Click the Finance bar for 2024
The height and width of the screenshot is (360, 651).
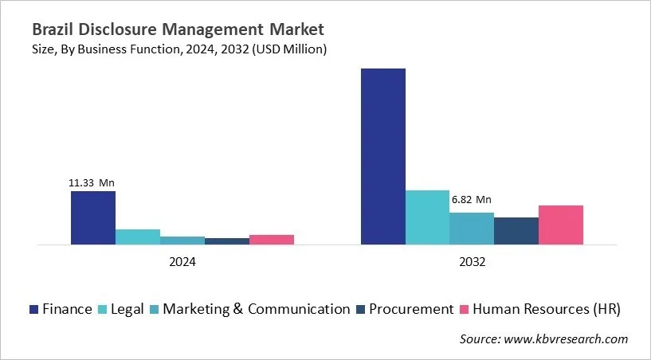pyautogui.click(x=93, y=217)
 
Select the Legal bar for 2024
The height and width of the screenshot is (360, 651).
pyautogui.click(x=138, y=237)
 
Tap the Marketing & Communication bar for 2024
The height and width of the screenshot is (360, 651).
pyautogui.click(x=182, y=240)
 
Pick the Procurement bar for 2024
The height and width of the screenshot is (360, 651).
pyautogui.click(x=227, y=241)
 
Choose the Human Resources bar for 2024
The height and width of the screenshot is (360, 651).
pyautogui.click(x=272, y=239)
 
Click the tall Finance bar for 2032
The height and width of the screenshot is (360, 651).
pyautogui.click(x=383, y=156)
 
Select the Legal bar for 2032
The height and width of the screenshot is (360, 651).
pyautogui.click(x=428, y=217)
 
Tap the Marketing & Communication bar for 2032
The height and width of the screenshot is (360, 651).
pyautogui.click(x=472, y=228)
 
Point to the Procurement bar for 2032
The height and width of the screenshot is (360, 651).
pyautogui.click(x=516, y=230)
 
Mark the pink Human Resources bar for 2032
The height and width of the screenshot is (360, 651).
pyautogui.click(x=561, y=225)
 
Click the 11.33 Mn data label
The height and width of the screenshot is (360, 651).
pyautogui.click(x=92, y=183)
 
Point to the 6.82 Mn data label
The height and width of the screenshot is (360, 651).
pyautogui.click(x=472, y=200)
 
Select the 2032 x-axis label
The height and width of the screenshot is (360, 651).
pyautogui.click(x=472, y=261)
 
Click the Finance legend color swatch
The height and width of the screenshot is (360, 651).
pyautogui.click(x=34, y=309)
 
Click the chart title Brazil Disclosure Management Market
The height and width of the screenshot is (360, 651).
pyautogui.click(x=178, y=30)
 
